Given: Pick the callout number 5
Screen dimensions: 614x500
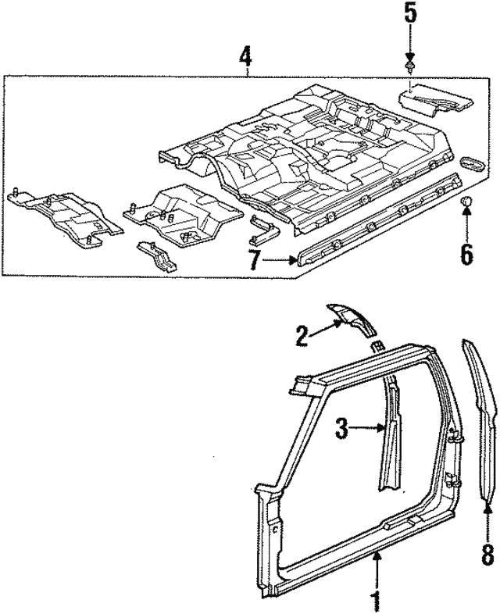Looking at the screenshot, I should [409, 14].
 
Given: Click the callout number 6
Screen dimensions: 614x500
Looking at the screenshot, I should [466, 254].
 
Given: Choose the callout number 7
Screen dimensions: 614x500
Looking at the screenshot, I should [255, 263].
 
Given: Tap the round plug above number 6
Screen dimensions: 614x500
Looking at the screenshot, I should [466, 204].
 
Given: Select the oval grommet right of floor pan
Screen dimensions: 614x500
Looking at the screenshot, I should [474, 164].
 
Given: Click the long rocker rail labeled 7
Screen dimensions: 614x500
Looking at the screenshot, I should [375, 223].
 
